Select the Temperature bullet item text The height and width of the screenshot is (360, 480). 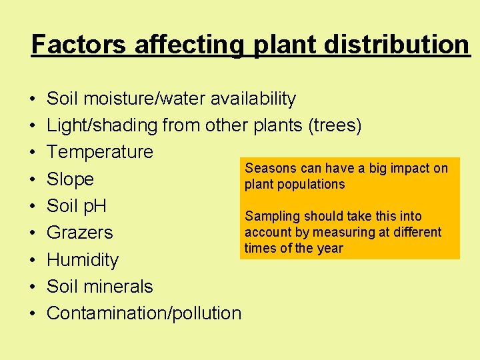tap(100, 152)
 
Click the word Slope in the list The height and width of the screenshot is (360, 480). tap(70, 179)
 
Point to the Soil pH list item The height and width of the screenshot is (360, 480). tap(77, 206)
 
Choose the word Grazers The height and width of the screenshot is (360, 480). tap(80, 233)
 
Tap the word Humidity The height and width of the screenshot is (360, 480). tap(83, 260)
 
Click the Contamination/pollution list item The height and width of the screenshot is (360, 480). tap(144, 313)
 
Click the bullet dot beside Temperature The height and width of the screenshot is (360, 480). tap(33, 153)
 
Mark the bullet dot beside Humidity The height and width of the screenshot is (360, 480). tap(33, 261)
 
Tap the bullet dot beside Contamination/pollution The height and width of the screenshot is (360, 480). tap(33, 314)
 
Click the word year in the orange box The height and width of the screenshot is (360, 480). tap(330, 248)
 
